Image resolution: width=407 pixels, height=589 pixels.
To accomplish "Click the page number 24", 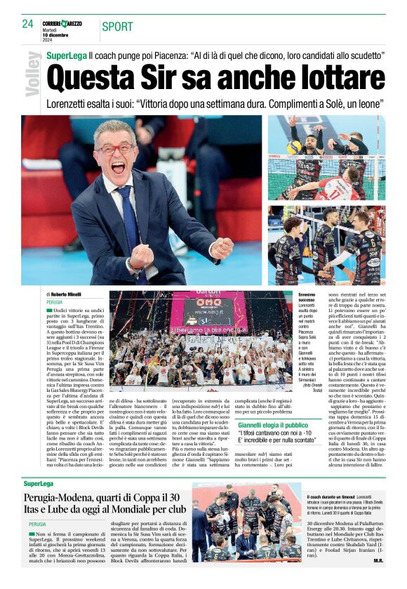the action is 28,23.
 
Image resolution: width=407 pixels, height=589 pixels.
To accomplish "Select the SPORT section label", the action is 117,27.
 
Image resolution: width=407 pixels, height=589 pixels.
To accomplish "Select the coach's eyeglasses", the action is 114,149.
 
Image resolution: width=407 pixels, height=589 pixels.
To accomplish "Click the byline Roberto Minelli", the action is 67,294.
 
